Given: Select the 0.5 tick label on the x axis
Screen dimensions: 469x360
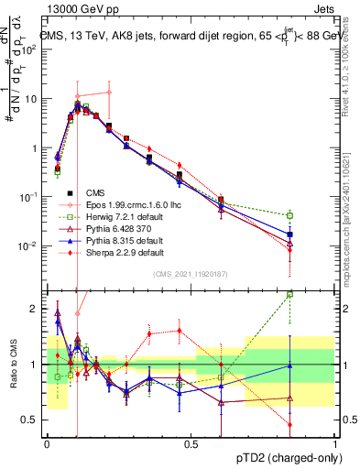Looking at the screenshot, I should click(x=191, y=443).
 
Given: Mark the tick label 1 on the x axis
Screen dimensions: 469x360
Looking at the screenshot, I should click(x=336, y=443).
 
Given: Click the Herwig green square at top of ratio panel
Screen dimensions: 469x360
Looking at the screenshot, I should click(x=289, y=294).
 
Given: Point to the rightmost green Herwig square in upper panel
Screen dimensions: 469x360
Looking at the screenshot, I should click(x=289, y=215).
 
